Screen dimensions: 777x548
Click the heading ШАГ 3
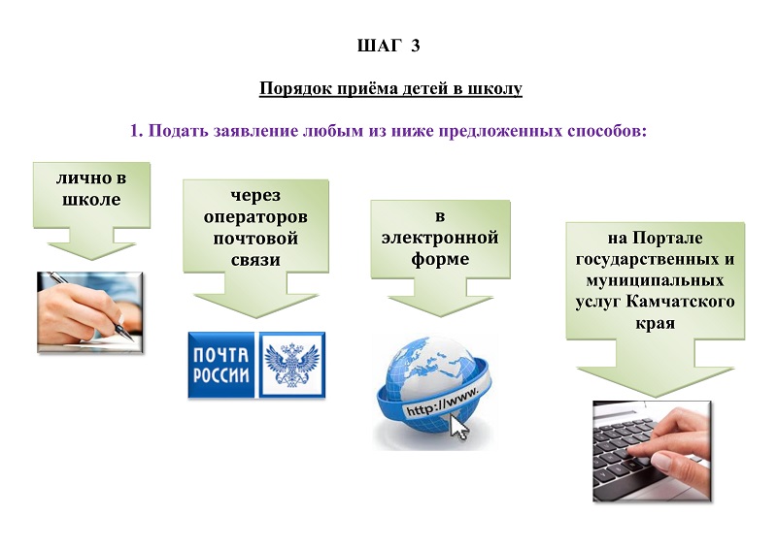click(x=388, y=46)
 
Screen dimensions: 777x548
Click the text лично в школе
click(x=91, y=188)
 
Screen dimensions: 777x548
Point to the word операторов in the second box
click(x=255, y=217)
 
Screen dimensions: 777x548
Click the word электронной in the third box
click(x=440, y=237)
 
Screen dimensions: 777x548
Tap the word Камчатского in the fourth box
click(x=680, y=302)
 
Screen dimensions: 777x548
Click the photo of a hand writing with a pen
click(x=90, y=312)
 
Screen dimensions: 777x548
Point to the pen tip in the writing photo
click(x=132, y=340)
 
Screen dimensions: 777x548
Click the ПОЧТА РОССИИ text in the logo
click(x=221, y=366)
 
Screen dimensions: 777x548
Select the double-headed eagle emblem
click(x=292, y=365)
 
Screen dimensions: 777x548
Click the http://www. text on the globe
click(x=443, y=401)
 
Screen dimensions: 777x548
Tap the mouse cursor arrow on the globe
click(x=458, y=427)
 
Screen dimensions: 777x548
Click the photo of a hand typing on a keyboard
click(x=652, y=451)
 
